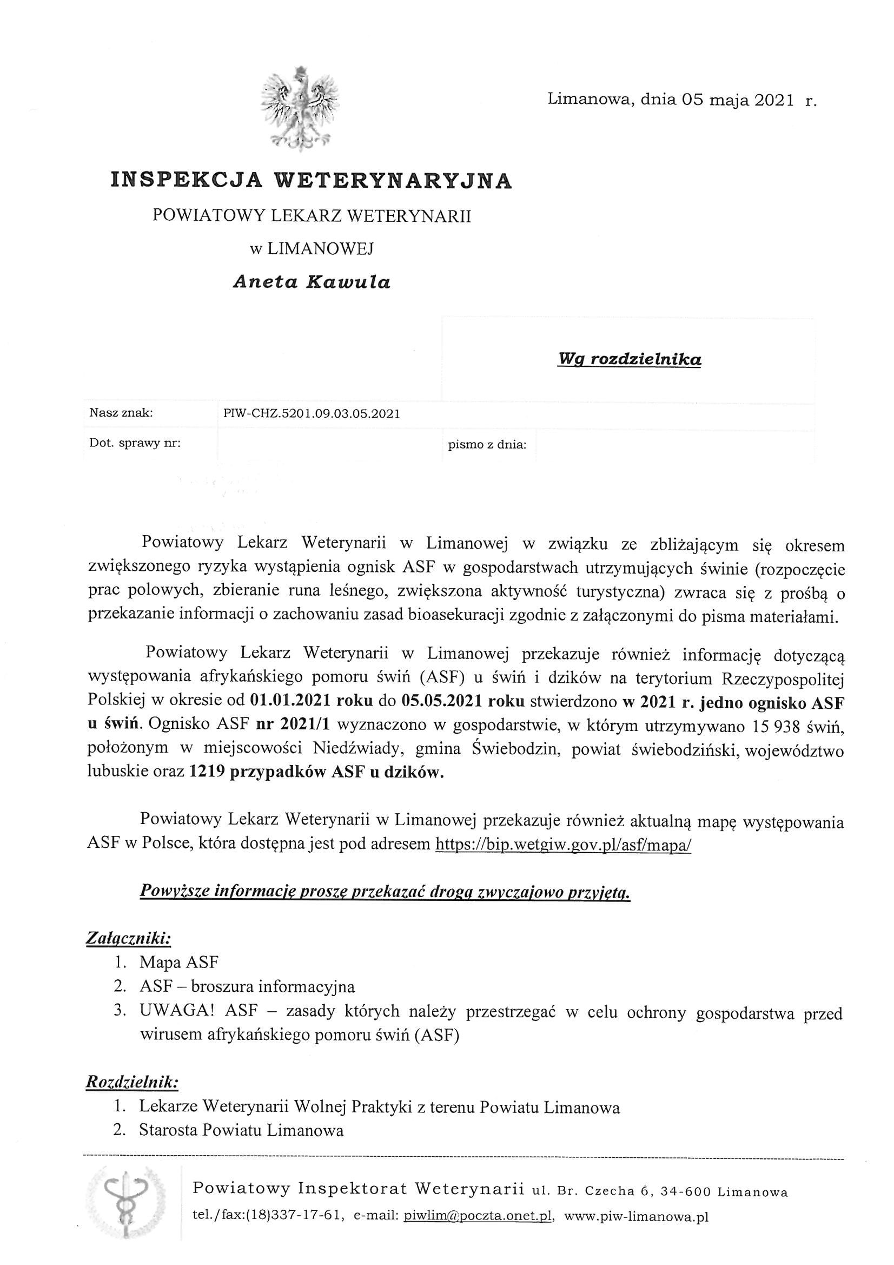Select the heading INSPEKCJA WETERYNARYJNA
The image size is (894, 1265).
(311, 181)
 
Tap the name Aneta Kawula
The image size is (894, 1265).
(311, 282)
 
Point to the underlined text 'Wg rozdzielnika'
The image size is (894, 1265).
(630, 360)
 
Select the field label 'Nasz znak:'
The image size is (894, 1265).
(121, 413)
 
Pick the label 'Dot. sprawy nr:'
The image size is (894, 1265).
(135, 443)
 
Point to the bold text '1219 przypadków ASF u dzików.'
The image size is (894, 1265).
(316, 773)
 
